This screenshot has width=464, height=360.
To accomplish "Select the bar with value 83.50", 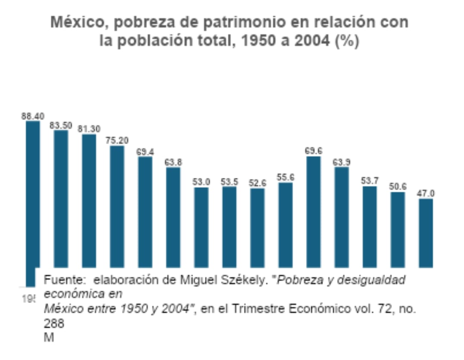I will (x=61, y=199).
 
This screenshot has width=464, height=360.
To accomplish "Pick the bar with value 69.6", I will (x=314, y=212).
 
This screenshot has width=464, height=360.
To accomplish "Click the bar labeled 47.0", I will (x=426, y=233).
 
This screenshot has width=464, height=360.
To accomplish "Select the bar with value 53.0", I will (x=201, y=227).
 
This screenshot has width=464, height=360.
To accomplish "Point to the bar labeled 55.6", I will (x=285, y=224).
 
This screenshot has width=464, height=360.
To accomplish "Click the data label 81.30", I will (x=89, y=129).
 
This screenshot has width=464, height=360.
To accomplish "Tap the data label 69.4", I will (x=145, y=152).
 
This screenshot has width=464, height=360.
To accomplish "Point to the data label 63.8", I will (x=173, y=162).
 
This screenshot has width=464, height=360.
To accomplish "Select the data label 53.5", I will (x=229, y=182).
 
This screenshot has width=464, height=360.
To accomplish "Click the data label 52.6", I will (x=257, y=183).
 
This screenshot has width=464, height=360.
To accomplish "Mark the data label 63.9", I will (x=342, y=162).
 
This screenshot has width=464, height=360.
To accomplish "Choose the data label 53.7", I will (x=370, y=181).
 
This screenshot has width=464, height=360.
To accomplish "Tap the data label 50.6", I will (x=398, y=186).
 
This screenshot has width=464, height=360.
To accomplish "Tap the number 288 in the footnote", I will (x=54, y=323).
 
